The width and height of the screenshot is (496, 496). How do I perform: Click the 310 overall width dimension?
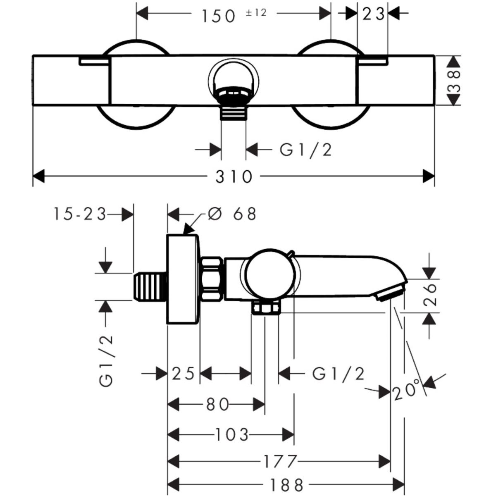pos(234,177)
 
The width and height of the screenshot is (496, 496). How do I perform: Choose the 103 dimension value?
pos(232,435)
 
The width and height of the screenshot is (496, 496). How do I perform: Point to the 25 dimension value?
pos(183,374)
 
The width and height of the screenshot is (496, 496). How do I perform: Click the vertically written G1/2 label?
pos(106,361)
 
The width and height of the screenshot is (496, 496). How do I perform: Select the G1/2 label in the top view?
pos(306,150)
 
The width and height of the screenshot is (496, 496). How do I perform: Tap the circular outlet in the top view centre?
pos(234,78)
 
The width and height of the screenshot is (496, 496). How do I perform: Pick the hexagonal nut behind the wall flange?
pos(212,277)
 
